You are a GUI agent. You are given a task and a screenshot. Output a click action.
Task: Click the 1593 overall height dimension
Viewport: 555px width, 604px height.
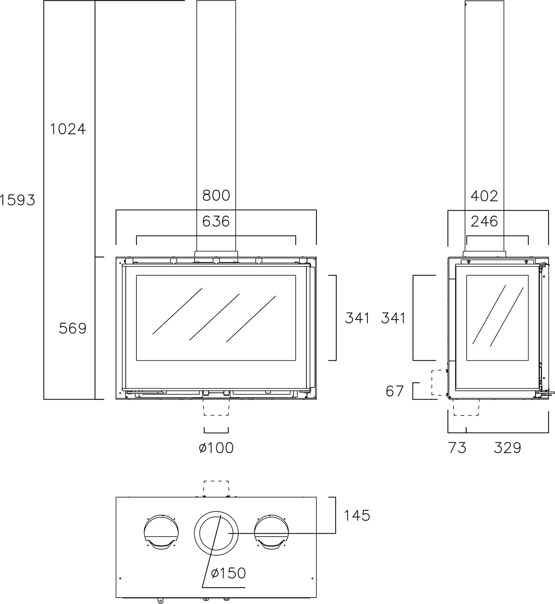point(17,200)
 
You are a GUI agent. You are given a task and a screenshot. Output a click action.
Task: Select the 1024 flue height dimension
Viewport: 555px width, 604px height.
point(68,129)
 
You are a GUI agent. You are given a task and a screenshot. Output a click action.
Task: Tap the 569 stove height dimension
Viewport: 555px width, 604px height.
point(73,329)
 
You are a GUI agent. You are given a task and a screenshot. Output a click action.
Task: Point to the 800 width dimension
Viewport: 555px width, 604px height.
point(216,195)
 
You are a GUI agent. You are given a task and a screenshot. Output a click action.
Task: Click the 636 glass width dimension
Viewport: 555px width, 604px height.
point(216,221)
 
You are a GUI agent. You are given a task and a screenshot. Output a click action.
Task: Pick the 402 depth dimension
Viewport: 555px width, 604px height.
point(484,196)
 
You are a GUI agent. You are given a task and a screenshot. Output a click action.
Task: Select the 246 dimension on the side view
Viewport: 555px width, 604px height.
point(484,221)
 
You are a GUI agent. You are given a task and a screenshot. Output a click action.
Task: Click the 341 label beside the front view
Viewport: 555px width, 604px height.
point(357,318)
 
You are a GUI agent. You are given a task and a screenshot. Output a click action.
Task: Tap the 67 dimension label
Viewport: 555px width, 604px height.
point(394,391)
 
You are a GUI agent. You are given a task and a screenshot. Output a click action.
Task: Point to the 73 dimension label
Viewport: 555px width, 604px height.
point(457,448)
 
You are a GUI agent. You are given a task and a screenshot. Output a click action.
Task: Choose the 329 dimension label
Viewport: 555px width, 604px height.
point(508,448)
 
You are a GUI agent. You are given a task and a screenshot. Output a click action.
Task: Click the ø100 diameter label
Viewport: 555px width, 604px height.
point(216,448)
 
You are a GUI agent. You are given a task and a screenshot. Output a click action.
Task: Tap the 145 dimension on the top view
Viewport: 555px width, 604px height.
point(357,515)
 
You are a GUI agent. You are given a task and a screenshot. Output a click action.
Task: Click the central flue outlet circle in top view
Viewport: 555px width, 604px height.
point(216,533)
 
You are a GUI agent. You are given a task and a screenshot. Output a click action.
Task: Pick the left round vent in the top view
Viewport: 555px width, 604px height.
point(161,532)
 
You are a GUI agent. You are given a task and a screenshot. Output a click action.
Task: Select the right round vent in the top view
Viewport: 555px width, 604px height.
point(271,532)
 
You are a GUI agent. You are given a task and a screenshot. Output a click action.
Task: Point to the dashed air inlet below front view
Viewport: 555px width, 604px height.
point(216,407)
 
